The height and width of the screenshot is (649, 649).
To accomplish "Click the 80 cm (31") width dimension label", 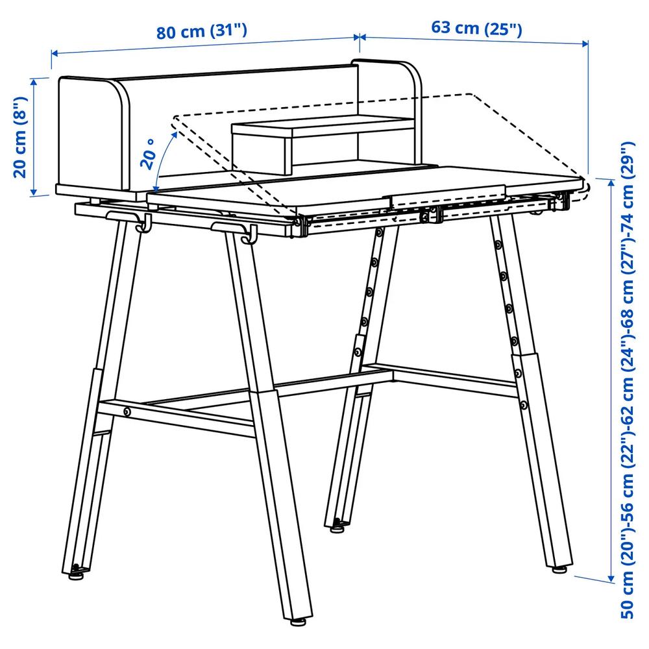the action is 202,31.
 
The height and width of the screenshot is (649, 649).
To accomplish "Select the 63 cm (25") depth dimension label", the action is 476,28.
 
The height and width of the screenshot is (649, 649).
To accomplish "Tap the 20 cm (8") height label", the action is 20,138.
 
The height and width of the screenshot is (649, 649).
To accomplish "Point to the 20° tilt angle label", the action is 148,154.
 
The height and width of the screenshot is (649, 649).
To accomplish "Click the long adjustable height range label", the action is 628,380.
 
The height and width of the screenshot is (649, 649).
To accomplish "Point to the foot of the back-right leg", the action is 559,570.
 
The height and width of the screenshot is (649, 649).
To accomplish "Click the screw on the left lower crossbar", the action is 127,411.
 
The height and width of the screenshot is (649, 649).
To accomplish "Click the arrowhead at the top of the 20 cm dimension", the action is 34,82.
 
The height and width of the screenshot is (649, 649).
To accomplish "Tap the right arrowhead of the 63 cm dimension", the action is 585,43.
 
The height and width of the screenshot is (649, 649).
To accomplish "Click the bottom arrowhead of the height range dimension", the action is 611,578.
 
